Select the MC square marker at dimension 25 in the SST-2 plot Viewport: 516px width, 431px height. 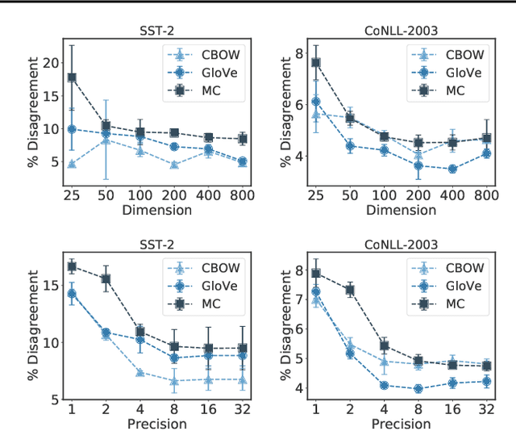pos(72,77)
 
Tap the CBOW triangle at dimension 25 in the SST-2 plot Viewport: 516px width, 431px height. pos(72,164)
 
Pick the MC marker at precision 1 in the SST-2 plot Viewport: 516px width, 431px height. pos(72,266)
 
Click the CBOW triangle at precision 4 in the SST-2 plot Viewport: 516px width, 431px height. pos(139,373)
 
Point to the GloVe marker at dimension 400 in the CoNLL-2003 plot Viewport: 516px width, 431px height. pos(452,169)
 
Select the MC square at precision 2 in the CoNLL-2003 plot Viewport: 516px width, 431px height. pos(350,290)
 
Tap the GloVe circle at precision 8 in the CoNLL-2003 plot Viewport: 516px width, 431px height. pos(418,388)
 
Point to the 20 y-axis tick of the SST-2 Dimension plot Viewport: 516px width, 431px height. pos(50,63)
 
